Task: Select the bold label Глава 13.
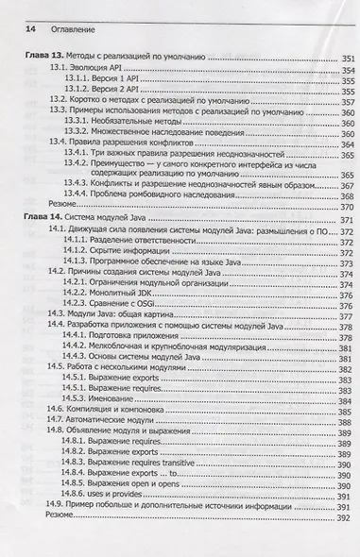42,59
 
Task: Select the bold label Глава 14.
42,219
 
